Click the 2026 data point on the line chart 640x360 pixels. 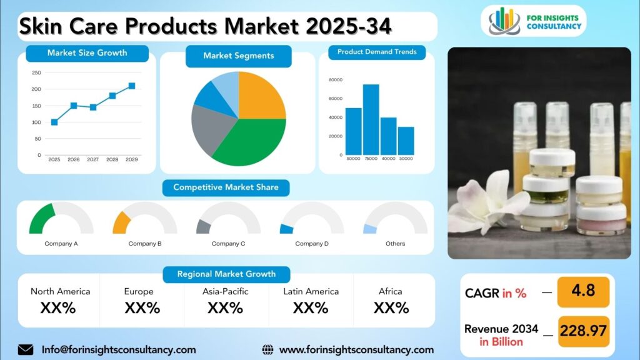[74, 106]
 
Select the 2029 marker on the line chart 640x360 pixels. [132, 86]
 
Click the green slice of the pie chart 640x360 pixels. [250, 141]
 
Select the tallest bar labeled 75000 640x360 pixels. [371, 119]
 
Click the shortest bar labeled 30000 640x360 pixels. [406, 141]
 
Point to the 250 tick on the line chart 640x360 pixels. [36, 72]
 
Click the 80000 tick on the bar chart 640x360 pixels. [335, 80]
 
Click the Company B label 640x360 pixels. [145, 244]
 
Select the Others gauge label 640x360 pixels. [395, 244]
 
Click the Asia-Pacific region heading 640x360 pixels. [226, 291]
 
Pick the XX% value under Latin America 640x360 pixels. [311, 307]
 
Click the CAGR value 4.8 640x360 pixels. [582, 291]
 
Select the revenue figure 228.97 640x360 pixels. [582, 331]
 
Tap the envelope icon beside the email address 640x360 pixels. [26, 349]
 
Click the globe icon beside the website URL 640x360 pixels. [267, 350]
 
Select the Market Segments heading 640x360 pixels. [238, 56]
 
